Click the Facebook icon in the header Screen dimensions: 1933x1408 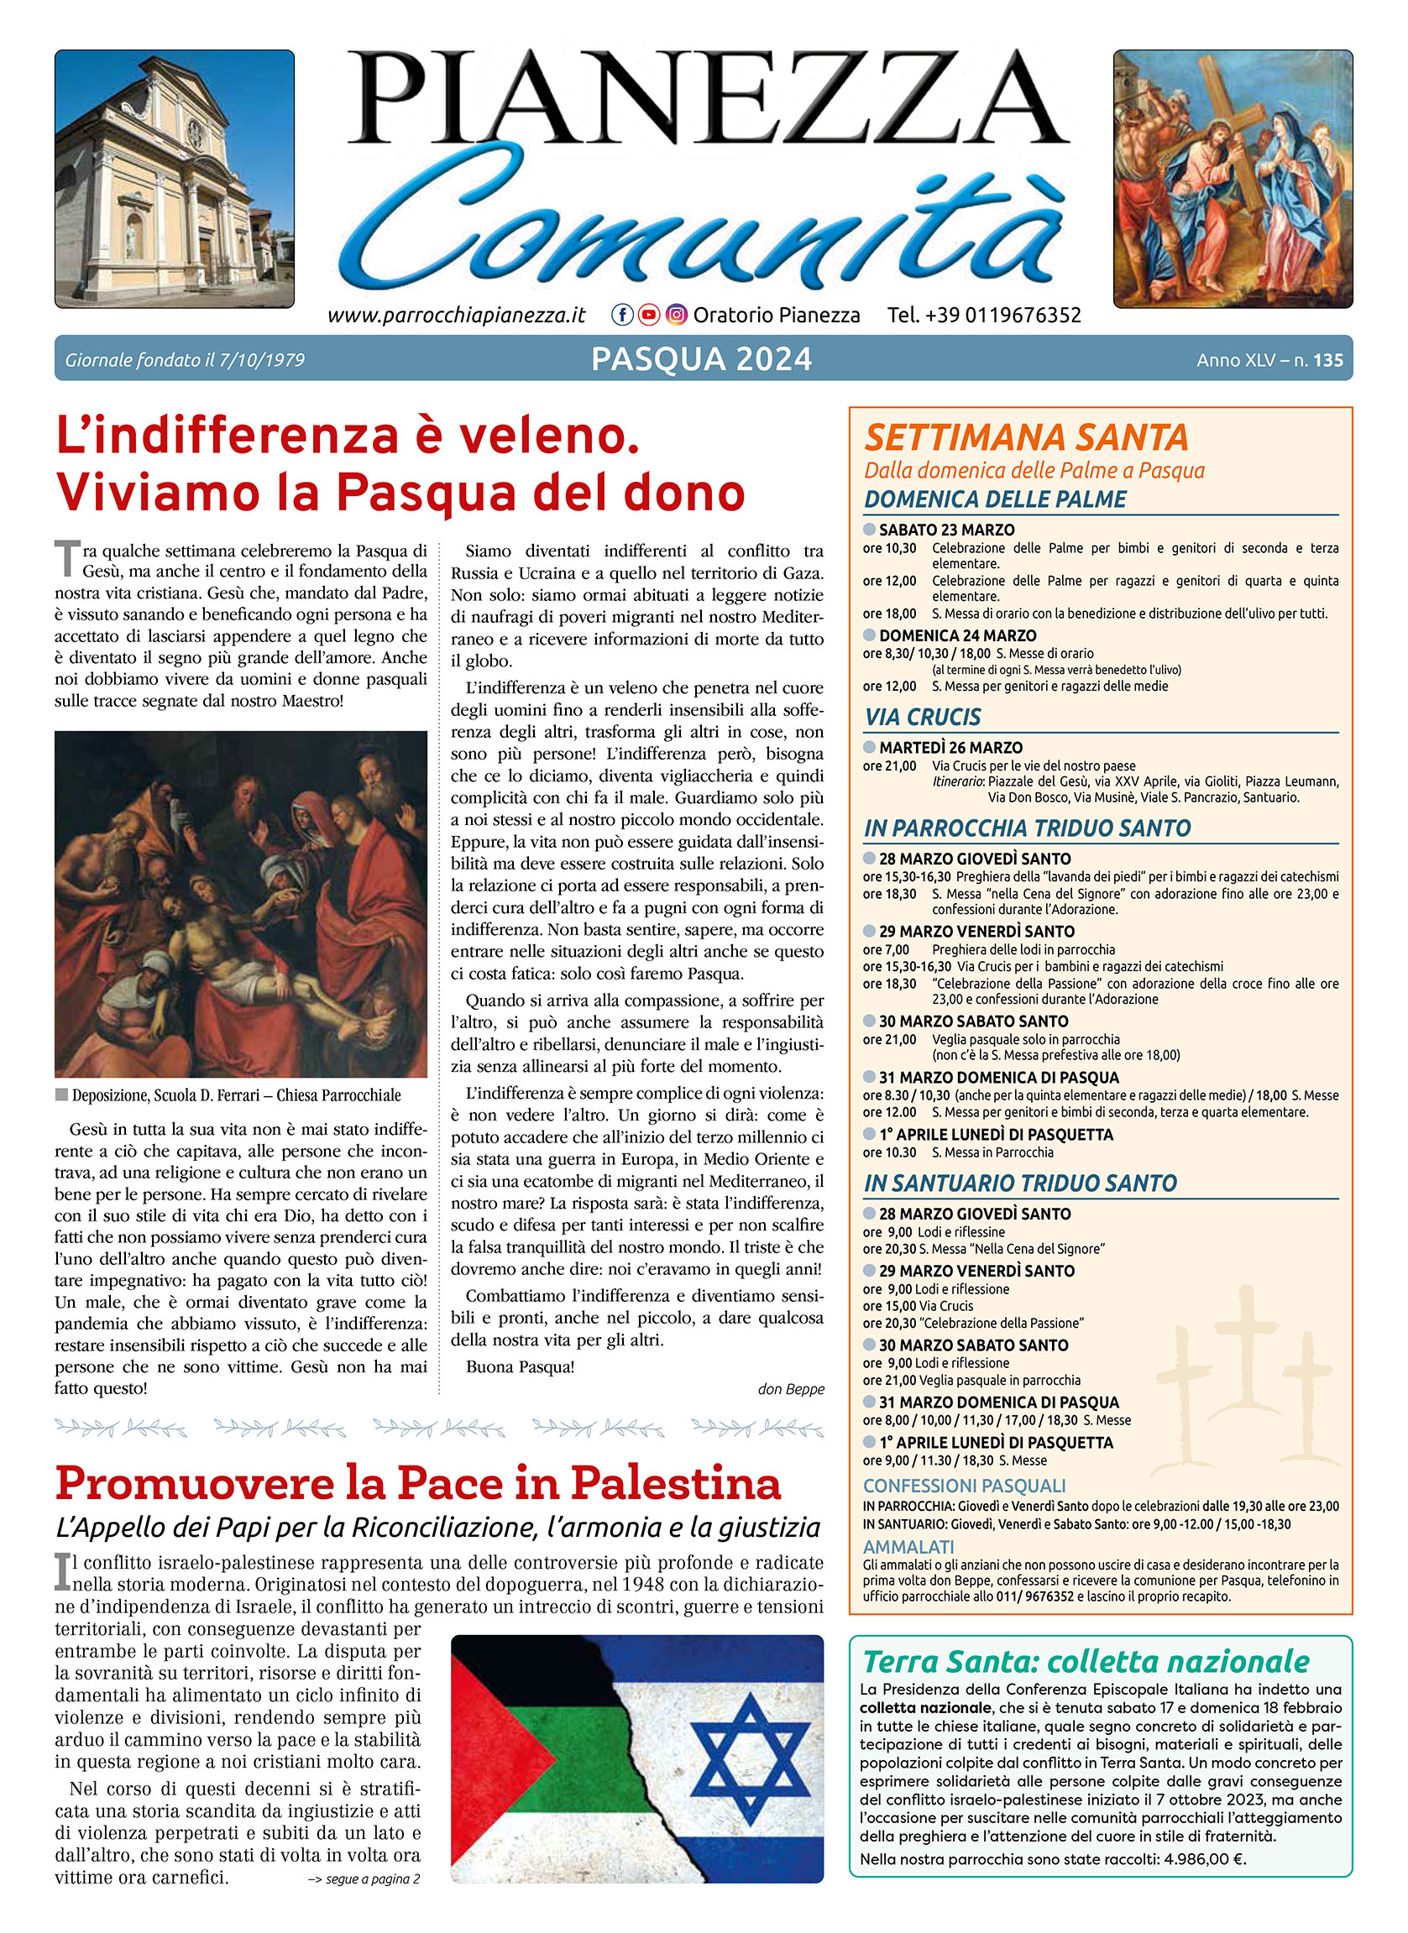click(x=622, y=316)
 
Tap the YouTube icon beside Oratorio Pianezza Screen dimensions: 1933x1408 click(x=649, y=316)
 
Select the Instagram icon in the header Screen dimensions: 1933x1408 click(x=676, y=316)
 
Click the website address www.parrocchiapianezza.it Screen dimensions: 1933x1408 click(x=456, y=316)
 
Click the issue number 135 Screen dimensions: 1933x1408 click(x=1328, y=361)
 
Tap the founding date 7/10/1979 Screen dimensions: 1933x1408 click(x=262, y=361)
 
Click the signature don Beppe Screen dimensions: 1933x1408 click(x=791, y=1389)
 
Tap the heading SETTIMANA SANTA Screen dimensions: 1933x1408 click(x=1026, y=438)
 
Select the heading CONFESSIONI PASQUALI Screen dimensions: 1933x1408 click(x=965, y=1486)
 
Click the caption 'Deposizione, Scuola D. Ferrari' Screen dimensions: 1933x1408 click(x=236, y=1095)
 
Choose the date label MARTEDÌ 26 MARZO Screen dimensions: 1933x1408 click(x=950, y=748)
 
